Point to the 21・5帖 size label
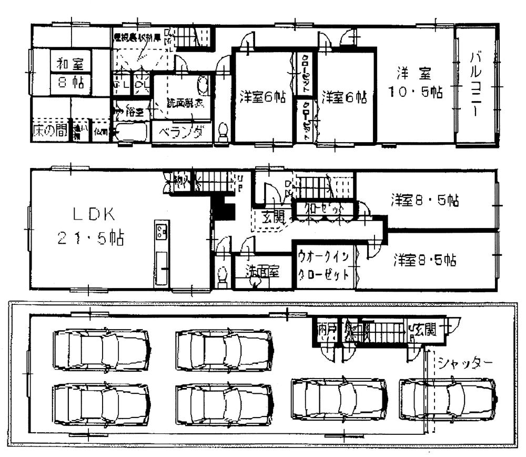(90, 239)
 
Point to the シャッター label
(465, 363)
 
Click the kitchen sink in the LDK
(161, 230)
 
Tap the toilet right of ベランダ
(223, 132)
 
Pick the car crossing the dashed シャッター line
(448, 402)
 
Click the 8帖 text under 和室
(70, 83)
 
